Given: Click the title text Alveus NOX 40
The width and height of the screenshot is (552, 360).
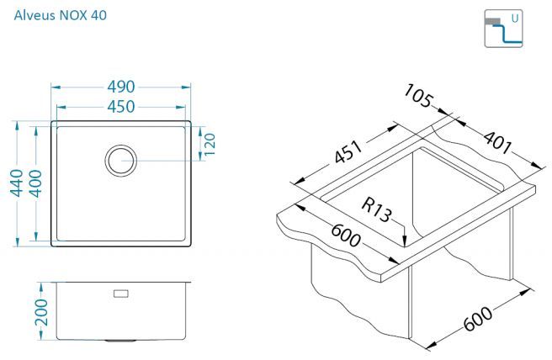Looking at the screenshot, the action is coord(61,15).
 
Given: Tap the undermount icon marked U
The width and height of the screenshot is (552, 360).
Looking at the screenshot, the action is coord(503,29).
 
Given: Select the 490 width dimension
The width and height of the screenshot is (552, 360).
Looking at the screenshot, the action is coord(121,87).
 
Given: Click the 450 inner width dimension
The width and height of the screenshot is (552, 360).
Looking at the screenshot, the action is coord(121,107).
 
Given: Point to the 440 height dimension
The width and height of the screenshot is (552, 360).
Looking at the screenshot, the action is coord(16,183).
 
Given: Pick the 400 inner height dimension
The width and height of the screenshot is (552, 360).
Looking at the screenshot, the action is coord(35,183).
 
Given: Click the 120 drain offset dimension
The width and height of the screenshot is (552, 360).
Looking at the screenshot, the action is coord(210,144).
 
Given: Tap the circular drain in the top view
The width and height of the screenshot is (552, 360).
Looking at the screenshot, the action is coord(121,161).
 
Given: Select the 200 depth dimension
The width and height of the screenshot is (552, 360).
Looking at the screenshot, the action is coord(41,312).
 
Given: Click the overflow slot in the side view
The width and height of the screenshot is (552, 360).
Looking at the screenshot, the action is coord(121,294).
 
